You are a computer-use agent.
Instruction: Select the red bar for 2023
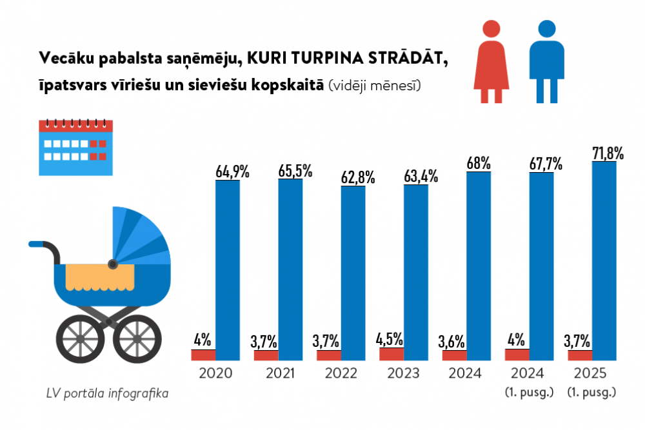coord(392,354)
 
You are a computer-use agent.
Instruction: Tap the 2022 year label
coord(341,373)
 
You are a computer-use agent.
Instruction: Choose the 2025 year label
coord(591,373)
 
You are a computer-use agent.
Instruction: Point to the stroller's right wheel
coord(140,338)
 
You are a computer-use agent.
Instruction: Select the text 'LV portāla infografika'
coord(107,393)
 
